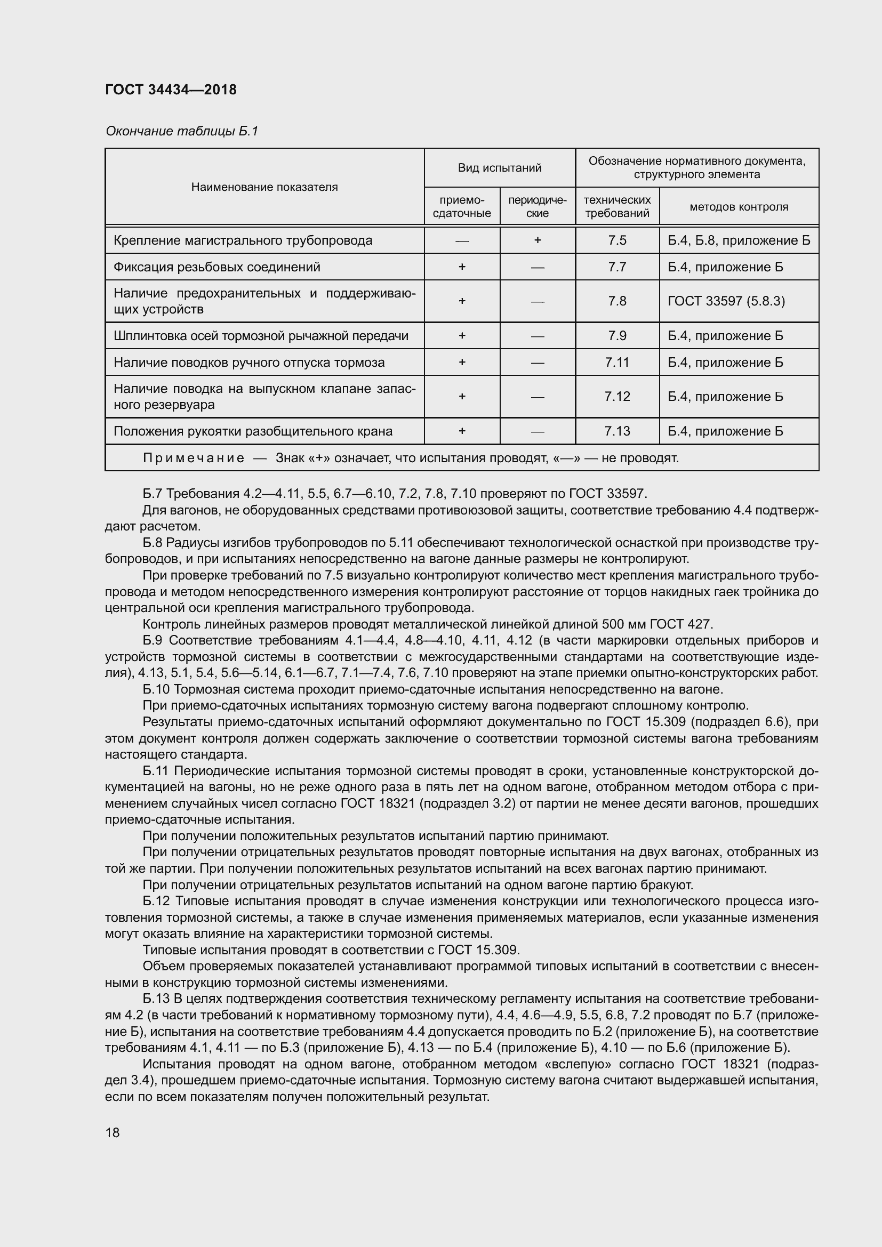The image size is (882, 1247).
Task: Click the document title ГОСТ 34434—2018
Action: pos(171,90)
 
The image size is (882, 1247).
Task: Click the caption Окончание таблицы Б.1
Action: pos(181,131)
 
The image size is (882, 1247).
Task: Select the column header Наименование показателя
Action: pos(264,187)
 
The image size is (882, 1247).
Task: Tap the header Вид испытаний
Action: pos(499,168)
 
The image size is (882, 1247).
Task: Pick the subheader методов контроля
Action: pos(739,207)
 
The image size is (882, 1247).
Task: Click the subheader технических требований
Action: pos(617,207)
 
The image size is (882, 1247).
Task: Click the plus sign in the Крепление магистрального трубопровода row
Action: pos(537,240)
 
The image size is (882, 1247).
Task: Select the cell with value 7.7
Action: pos(617,267)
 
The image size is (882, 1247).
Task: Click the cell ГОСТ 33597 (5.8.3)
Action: pos(726,301)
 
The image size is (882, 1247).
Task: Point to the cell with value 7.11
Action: pos(617,362)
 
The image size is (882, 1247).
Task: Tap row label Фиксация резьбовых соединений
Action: pos(217,267)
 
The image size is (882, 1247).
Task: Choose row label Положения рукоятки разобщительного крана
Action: pos(253,431)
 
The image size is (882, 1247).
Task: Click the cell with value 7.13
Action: pos(617,431)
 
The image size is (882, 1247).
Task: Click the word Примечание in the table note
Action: pos(194,458)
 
